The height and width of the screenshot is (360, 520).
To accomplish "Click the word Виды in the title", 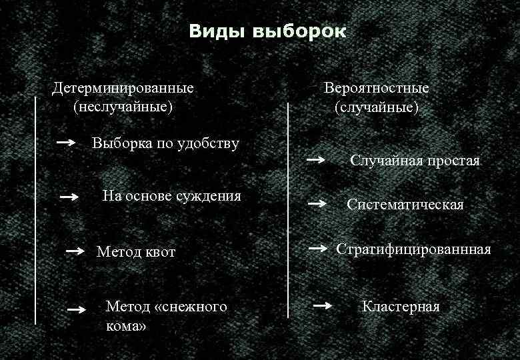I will (x=215, y=31).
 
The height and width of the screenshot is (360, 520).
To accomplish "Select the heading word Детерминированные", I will (x=124, y=88).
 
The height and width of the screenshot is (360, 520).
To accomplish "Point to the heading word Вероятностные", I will (x=377, y=88).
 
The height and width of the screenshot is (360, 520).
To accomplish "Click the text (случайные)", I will (x=377, y=106).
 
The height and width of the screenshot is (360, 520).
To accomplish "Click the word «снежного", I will (x=191, y=307).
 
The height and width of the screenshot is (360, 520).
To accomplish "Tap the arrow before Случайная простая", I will (x=316, y=160).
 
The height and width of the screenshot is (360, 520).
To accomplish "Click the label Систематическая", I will (x=405, y=205).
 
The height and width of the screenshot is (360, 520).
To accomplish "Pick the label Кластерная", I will (x=401, y=307).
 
